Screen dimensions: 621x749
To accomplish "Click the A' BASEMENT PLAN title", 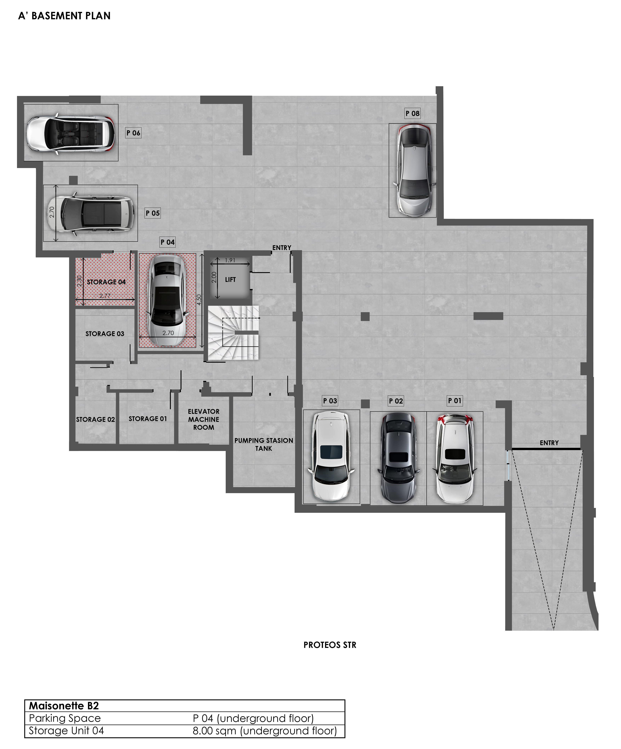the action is point(64,16).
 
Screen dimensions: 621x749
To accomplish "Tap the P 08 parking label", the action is point(412,114).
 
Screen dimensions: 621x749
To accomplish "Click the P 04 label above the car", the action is point(167,242).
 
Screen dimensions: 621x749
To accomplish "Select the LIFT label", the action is point(230,280).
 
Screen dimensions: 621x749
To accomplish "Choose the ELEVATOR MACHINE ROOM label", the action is point(204,419).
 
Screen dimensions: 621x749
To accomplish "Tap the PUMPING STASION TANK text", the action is point(264,444).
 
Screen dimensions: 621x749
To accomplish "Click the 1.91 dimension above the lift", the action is point(230,260).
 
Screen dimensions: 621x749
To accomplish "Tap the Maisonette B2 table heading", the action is point(64,706).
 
